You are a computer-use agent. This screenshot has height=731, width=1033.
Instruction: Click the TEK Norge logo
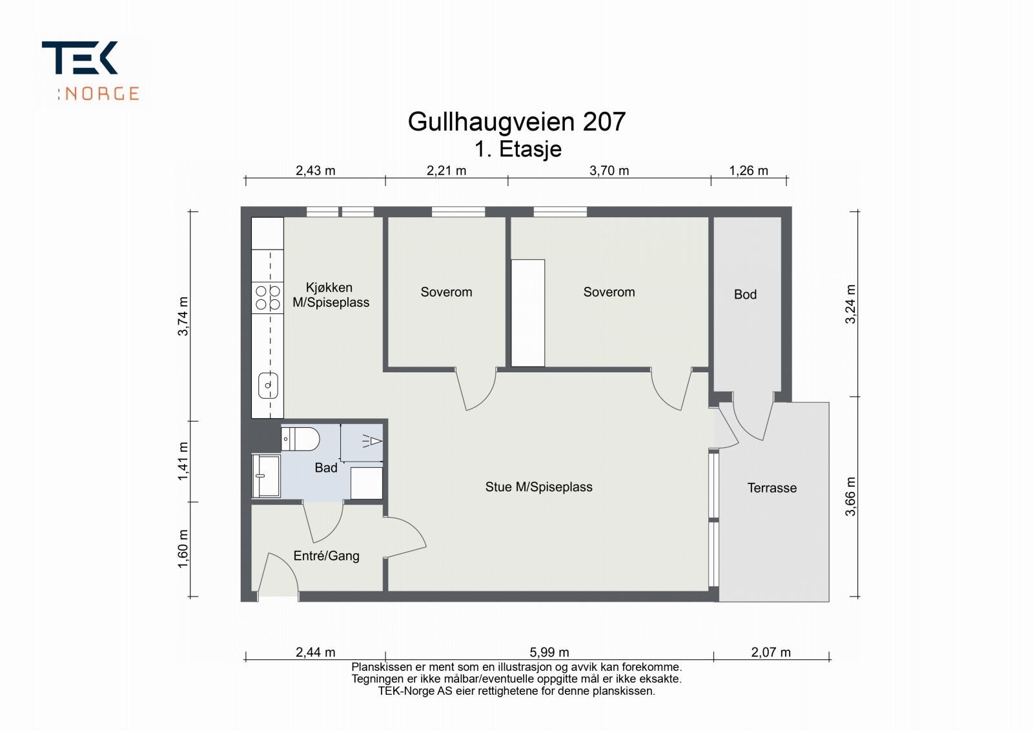pos(90,70)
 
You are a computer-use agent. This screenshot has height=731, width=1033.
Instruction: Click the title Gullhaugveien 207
pos(516,122)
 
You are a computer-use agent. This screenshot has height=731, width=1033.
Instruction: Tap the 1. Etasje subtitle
pos(518,149)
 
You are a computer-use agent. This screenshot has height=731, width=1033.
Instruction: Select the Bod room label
pos(745,295)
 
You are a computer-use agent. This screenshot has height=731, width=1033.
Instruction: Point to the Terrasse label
pos(772,488)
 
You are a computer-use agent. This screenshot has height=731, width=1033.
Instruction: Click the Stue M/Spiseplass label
pos(538,487)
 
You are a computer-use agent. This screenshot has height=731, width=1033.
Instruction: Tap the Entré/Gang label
pos(326,556)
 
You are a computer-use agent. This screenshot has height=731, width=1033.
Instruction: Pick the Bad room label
pos(326,467)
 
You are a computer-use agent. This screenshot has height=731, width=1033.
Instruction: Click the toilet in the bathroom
pos(300,439)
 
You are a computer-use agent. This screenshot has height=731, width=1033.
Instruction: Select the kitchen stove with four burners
pos(267,297)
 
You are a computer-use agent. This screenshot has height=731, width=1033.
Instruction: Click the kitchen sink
pos(268,385)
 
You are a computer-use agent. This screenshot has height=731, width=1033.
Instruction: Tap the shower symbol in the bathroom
pos(373,441)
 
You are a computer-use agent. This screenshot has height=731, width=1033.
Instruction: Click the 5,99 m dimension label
pos(550,652)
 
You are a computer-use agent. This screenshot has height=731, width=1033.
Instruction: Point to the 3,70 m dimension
pos(609,171)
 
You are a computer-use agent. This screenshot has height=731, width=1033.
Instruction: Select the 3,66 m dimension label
pos(850,496)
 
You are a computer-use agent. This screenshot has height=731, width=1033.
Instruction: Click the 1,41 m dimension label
pos(183,461)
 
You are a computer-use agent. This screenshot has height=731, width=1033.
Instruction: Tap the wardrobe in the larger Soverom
pos(528,313)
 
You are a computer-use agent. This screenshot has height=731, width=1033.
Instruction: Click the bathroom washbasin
pos(265,476)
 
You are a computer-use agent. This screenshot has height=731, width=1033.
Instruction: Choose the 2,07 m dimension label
pos(771,652)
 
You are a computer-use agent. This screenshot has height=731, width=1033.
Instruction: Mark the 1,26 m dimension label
pos(748,171)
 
